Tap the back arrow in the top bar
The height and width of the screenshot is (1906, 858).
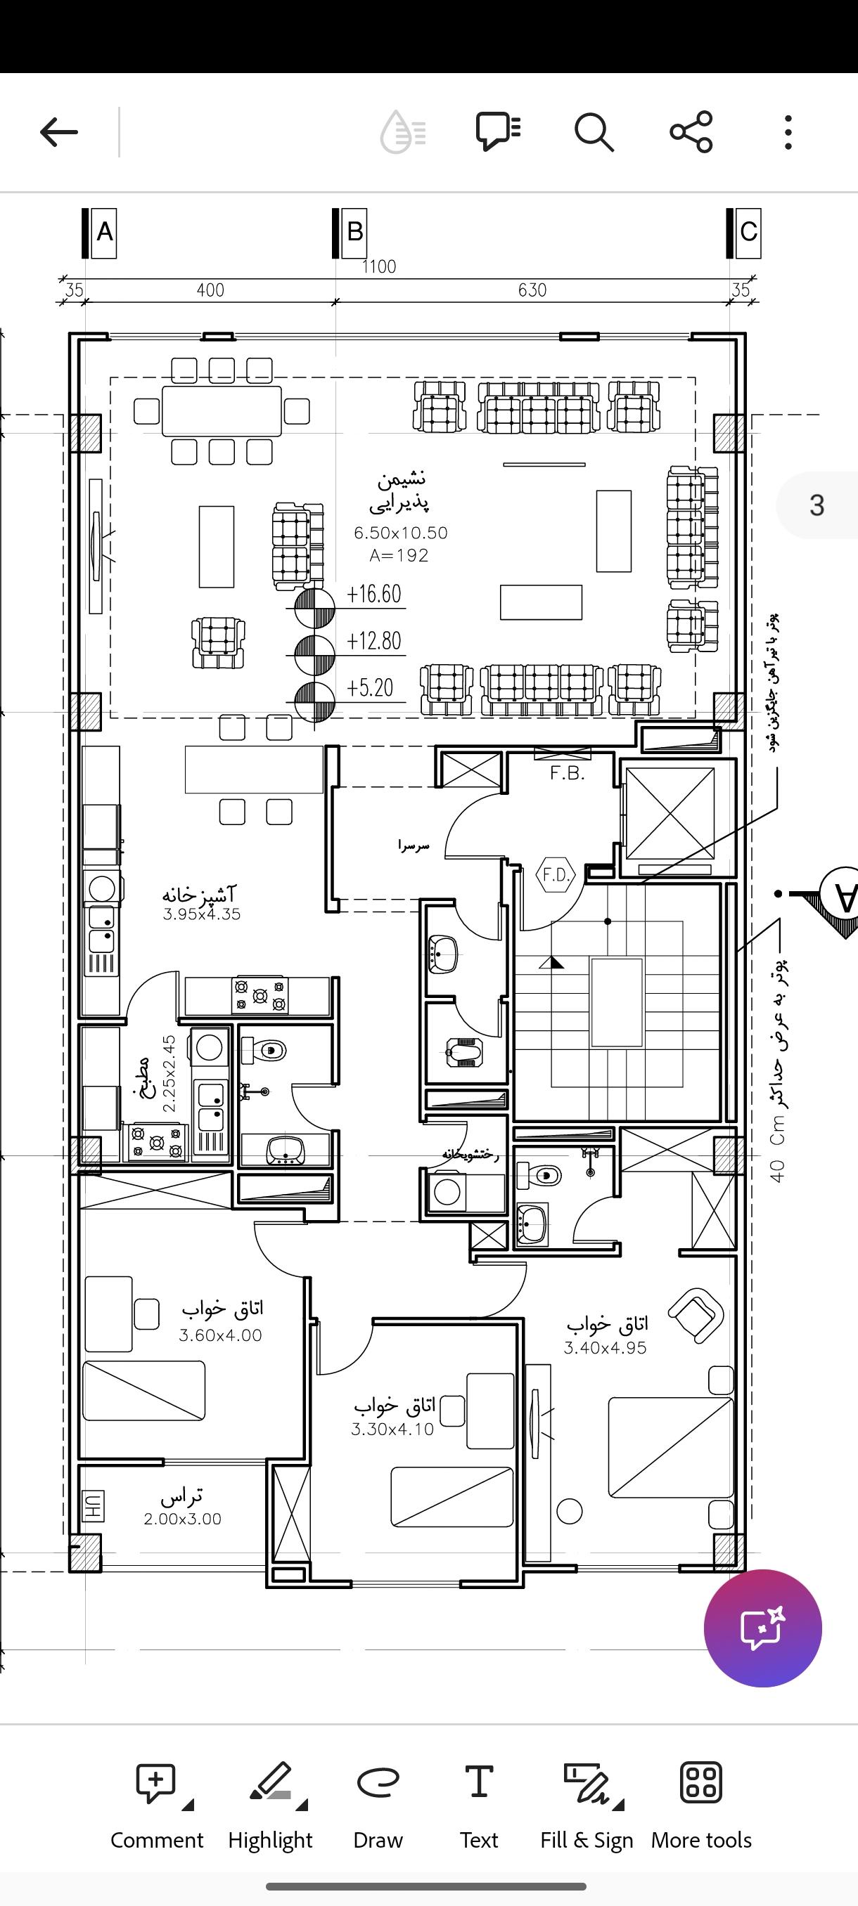pos(58,132)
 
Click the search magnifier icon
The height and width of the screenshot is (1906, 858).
pos(594,132)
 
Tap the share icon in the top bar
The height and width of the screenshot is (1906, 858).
pos(691,132)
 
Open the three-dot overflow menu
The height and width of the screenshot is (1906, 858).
pos(788,132)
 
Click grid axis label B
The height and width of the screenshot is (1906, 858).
pos(354,233)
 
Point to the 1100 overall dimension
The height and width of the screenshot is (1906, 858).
pos(379,266)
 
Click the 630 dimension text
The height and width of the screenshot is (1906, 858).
pos(532,290)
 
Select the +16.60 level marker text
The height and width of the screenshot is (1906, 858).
pos(374,594)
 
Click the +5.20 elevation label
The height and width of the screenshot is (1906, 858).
pos(370,687)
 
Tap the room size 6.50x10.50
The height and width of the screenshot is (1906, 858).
pos(400,533)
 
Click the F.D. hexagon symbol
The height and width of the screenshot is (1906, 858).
pos(555,875)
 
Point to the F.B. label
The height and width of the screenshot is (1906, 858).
pos(568,774)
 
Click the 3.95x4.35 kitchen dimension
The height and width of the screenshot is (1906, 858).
pos(201,914)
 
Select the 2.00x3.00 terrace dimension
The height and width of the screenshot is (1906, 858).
pos(182,1519)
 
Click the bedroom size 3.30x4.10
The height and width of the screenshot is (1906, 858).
pos(392,1429)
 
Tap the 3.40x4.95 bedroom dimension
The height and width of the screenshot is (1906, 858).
pos(605,1348)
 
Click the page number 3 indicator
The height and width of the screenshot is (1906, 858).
pos(817,505)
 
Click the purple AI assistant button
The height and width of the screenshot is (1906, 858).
pos(762,1628)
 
